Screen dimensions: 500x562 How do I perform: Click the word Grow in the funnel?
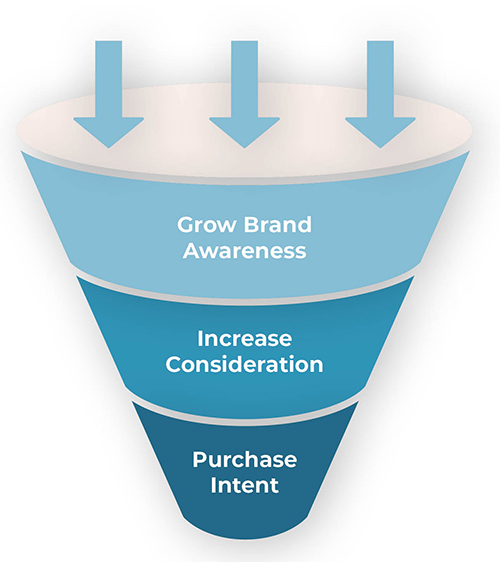207,225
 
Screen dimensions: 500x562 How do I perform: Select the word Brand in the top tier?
278,224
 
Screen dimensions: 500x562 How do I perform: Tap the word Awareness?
244,250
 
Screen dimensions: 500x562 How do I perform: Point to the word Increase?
244,338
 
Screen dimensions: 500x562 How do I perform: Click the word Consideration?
244,364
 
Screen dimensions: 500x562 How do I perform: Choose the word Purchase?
244,459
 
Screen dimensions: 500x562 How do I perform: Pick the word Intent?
244,485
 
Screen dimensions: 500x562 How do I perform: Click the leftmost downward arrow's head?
109,131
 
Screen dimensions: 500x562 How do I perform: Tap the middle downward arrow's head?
244,131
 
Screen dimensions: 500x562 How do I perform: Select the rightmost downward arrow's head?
380,131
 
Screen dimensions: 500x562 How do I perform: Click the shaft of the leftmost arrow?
109,79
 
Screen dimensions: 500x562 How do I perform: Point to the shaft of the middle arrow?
244,79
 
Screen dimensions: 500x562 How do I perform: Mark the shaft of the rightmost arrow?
380,79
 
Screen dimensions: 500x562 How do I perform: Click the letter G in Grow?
186,225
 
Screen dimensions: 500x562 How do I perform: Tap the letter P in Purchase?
200,459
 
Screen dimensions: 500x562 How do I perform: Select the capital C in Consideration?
174,364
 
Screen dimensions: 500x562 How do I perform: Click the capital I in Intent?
213,485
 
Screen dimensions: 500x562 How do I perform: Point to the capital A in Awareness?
192,250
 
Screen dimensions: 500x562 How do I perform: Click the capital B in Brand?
252,225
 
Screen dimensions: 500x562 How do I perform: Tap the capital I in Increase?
200,338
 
